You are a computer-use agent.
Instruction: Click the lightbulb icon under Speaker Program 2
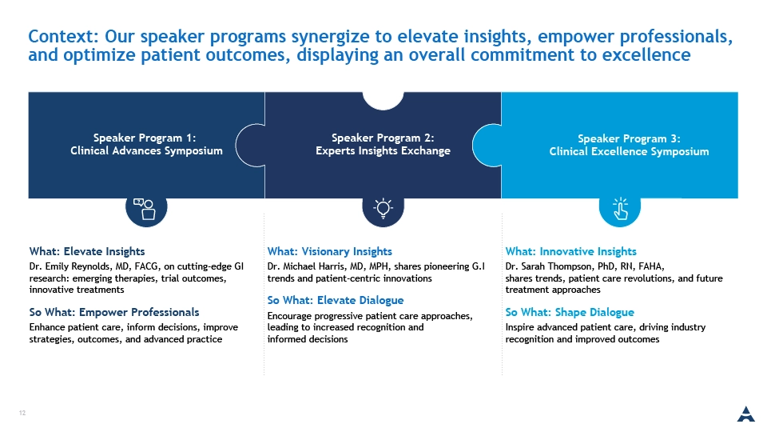(x=383, y=208)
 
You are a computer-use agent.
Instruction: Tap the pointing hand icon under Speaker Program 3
(x=620, y=209)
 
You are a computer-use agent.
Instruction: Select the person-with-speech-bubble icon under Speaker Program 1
(x=145, y=209)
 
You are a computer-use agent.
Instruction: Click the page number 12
(x=22, y=413)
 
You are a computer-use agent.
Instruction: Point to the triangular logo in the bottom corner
(x=746, y=414)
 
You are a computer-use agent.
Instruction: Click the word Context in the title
(x=64, y=36)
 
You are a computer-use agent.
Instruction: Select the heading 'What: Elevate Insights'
(x=87, y=251)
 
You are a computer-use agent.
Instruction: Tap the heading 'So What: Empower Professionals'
(x=114, y=312)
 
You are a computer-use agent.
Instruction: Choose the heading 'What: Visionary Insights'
(x=330, y=251)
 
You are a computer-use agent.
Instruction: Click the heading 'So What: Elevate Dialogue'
(x=336, y=300)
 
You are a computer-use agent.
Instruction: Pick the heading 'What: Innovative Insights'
(x=570, y=251)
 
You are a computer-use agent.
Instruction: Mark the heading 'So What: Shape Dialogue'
(x=570, y=312)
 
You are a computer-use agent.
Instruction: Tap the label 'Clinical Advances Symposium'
(x=146, y=151)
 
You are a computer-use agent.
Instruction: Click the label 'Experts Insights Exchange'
(x=383, y=151)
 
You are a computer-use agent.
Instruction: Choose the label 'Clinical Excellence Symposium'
(x=629, y=152)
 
